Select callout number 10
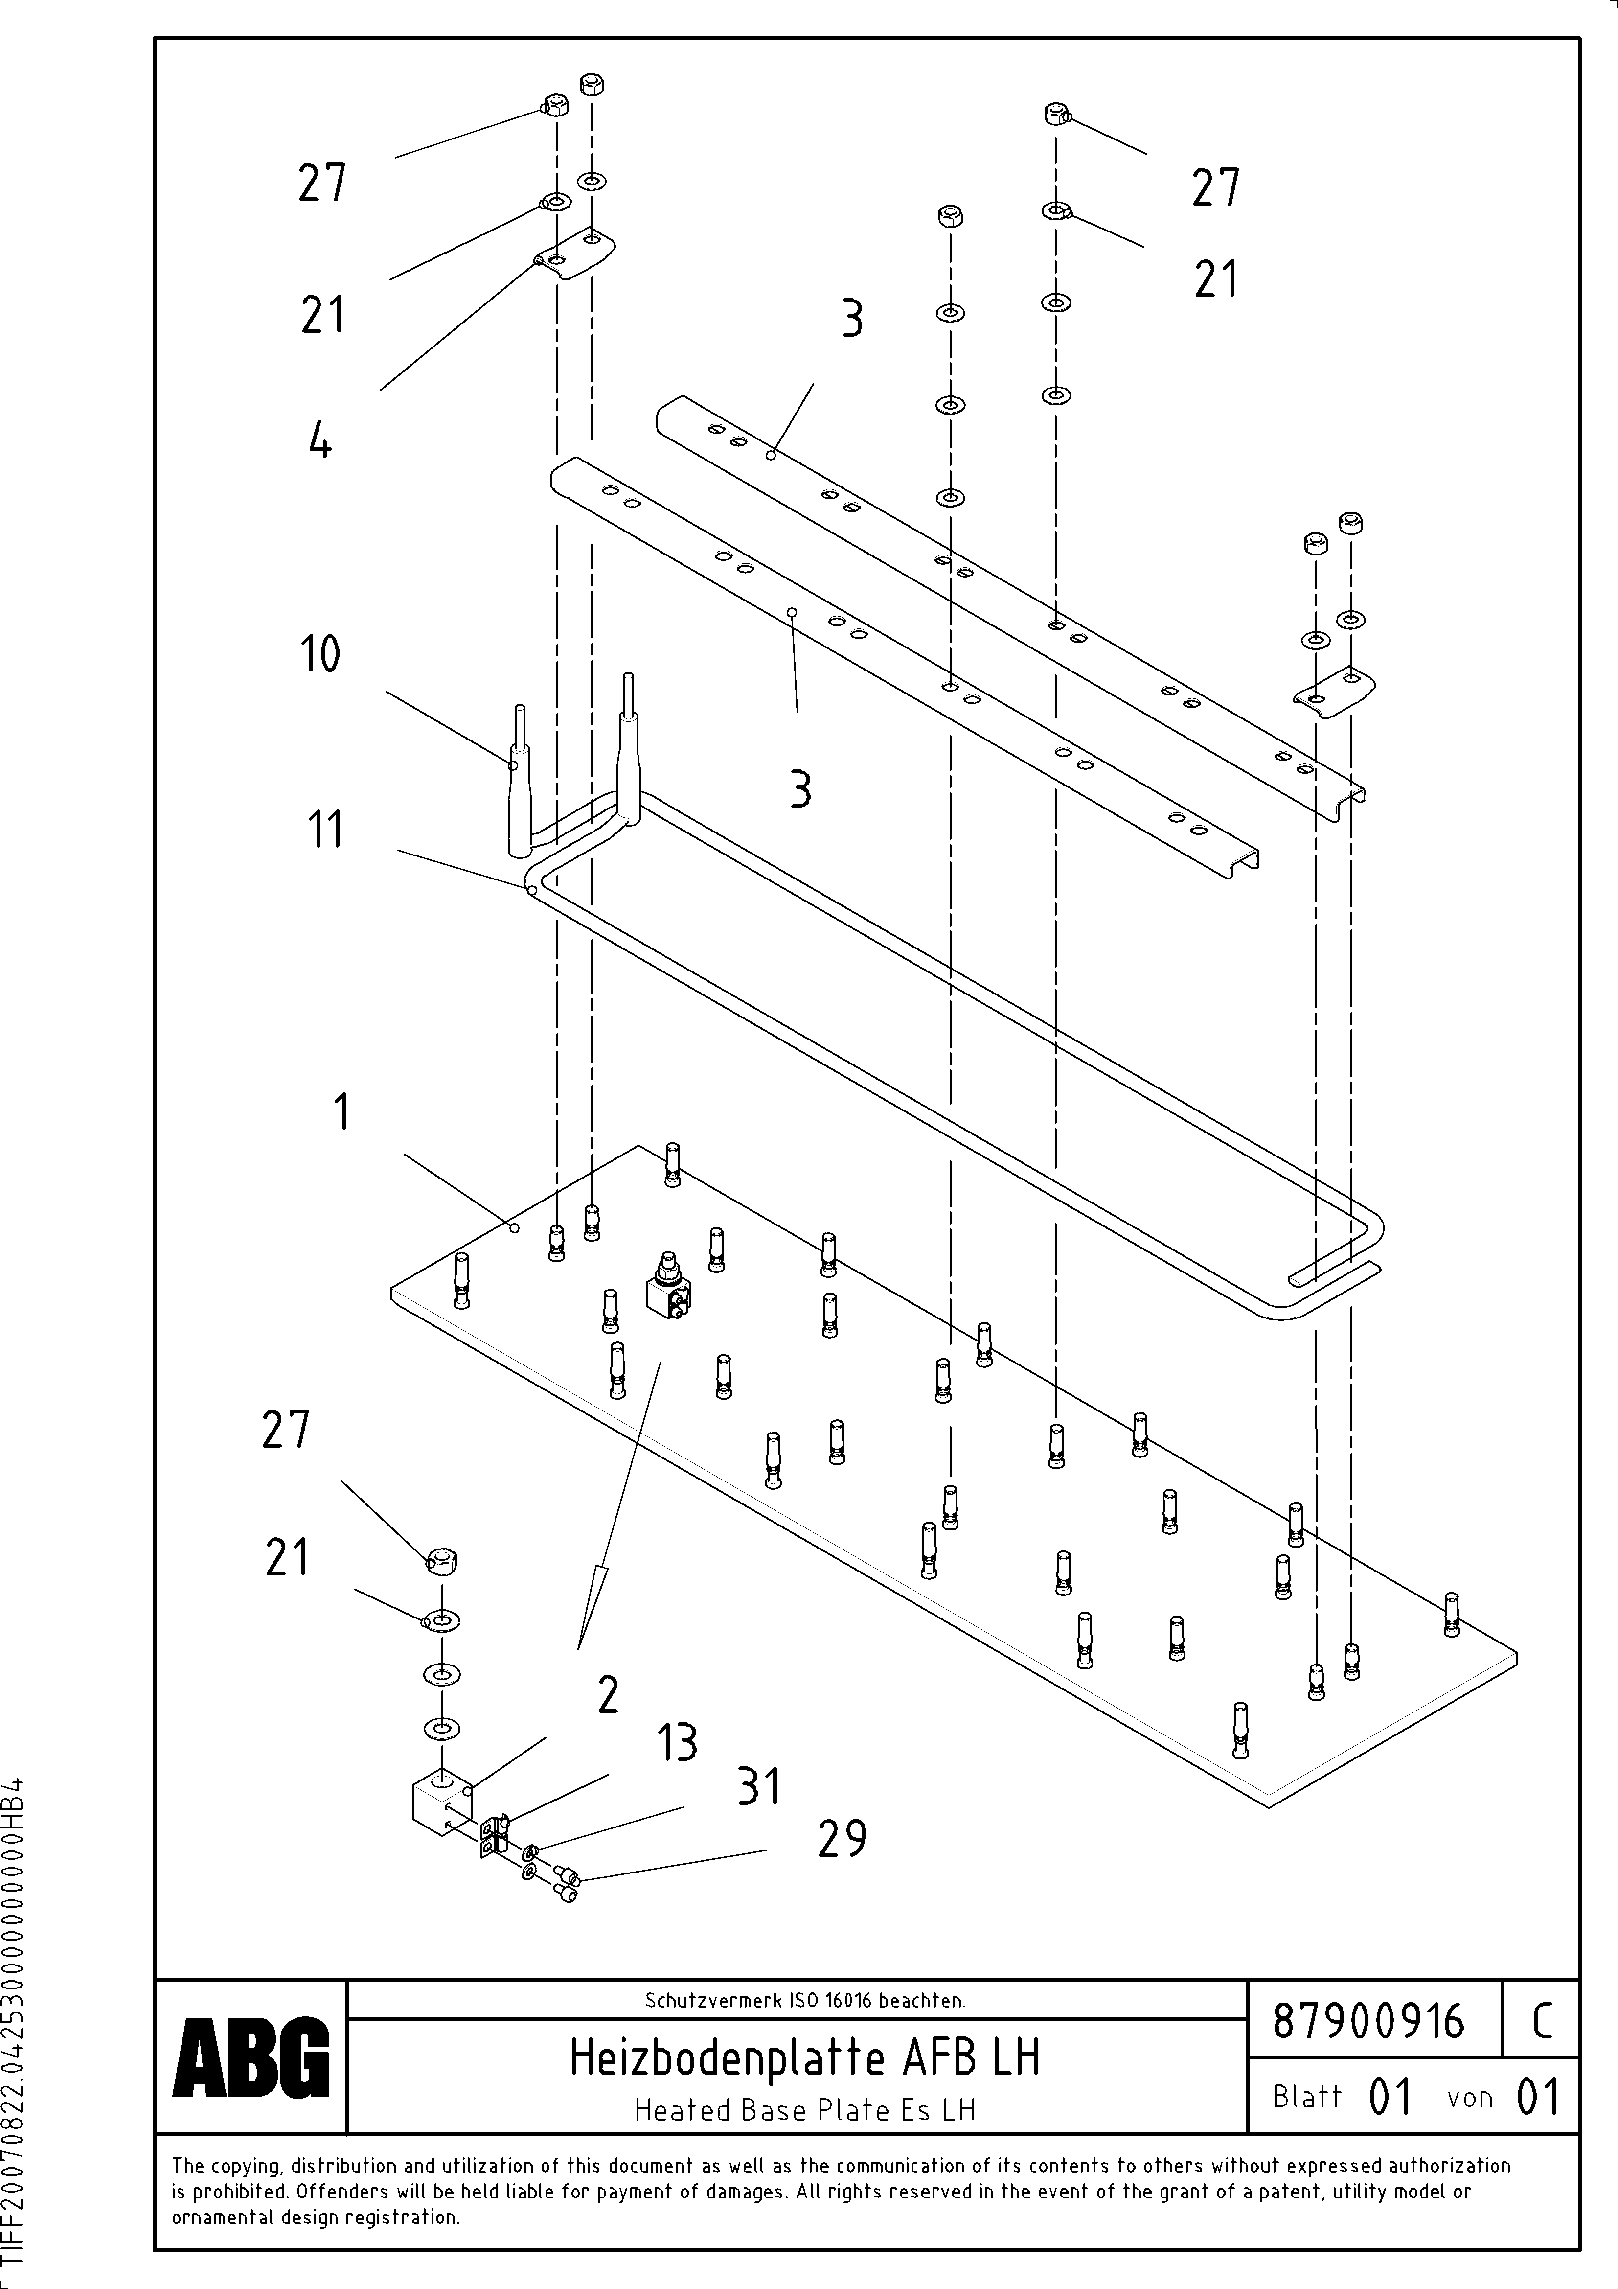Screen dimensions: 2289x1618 [x=320, y=655]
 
